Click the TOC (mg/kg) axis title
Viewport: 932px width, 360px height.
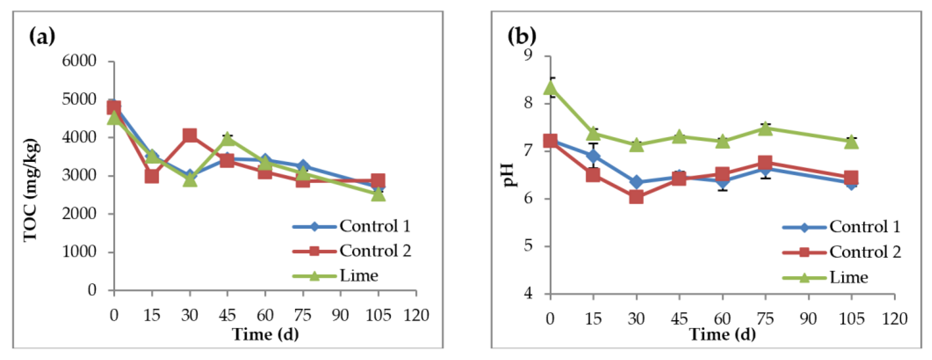click(31, 190)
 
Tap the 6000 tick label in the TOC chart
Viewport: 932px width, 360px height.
click(79, 61)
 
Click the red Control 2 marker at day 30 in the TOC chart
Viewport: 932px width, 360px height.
click(190, 136)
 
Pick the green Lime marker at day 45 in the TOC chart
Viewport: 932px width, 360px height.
click(227, 138)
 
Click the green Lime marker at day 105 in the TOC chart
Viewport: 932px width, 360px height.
click(378, 195)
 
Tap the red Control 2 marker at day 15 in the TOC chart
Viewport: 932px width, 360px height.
click(152, 176)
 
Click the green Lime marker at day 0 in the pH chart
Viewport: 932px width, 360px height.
click(551, 87)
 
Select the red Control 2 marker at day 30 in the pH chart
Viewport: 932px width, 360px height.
click(636, 198)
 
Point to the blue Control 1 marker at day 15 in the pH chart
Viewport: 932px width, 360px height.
click(593, 156)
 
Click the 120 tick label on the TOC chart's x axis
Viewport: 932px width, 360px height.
click(416, 316)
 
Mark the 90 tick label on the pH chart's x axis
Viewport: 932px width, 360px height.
click(808, 319)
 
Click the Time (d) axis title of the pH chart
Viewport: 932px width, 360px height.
click(722, 334)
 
